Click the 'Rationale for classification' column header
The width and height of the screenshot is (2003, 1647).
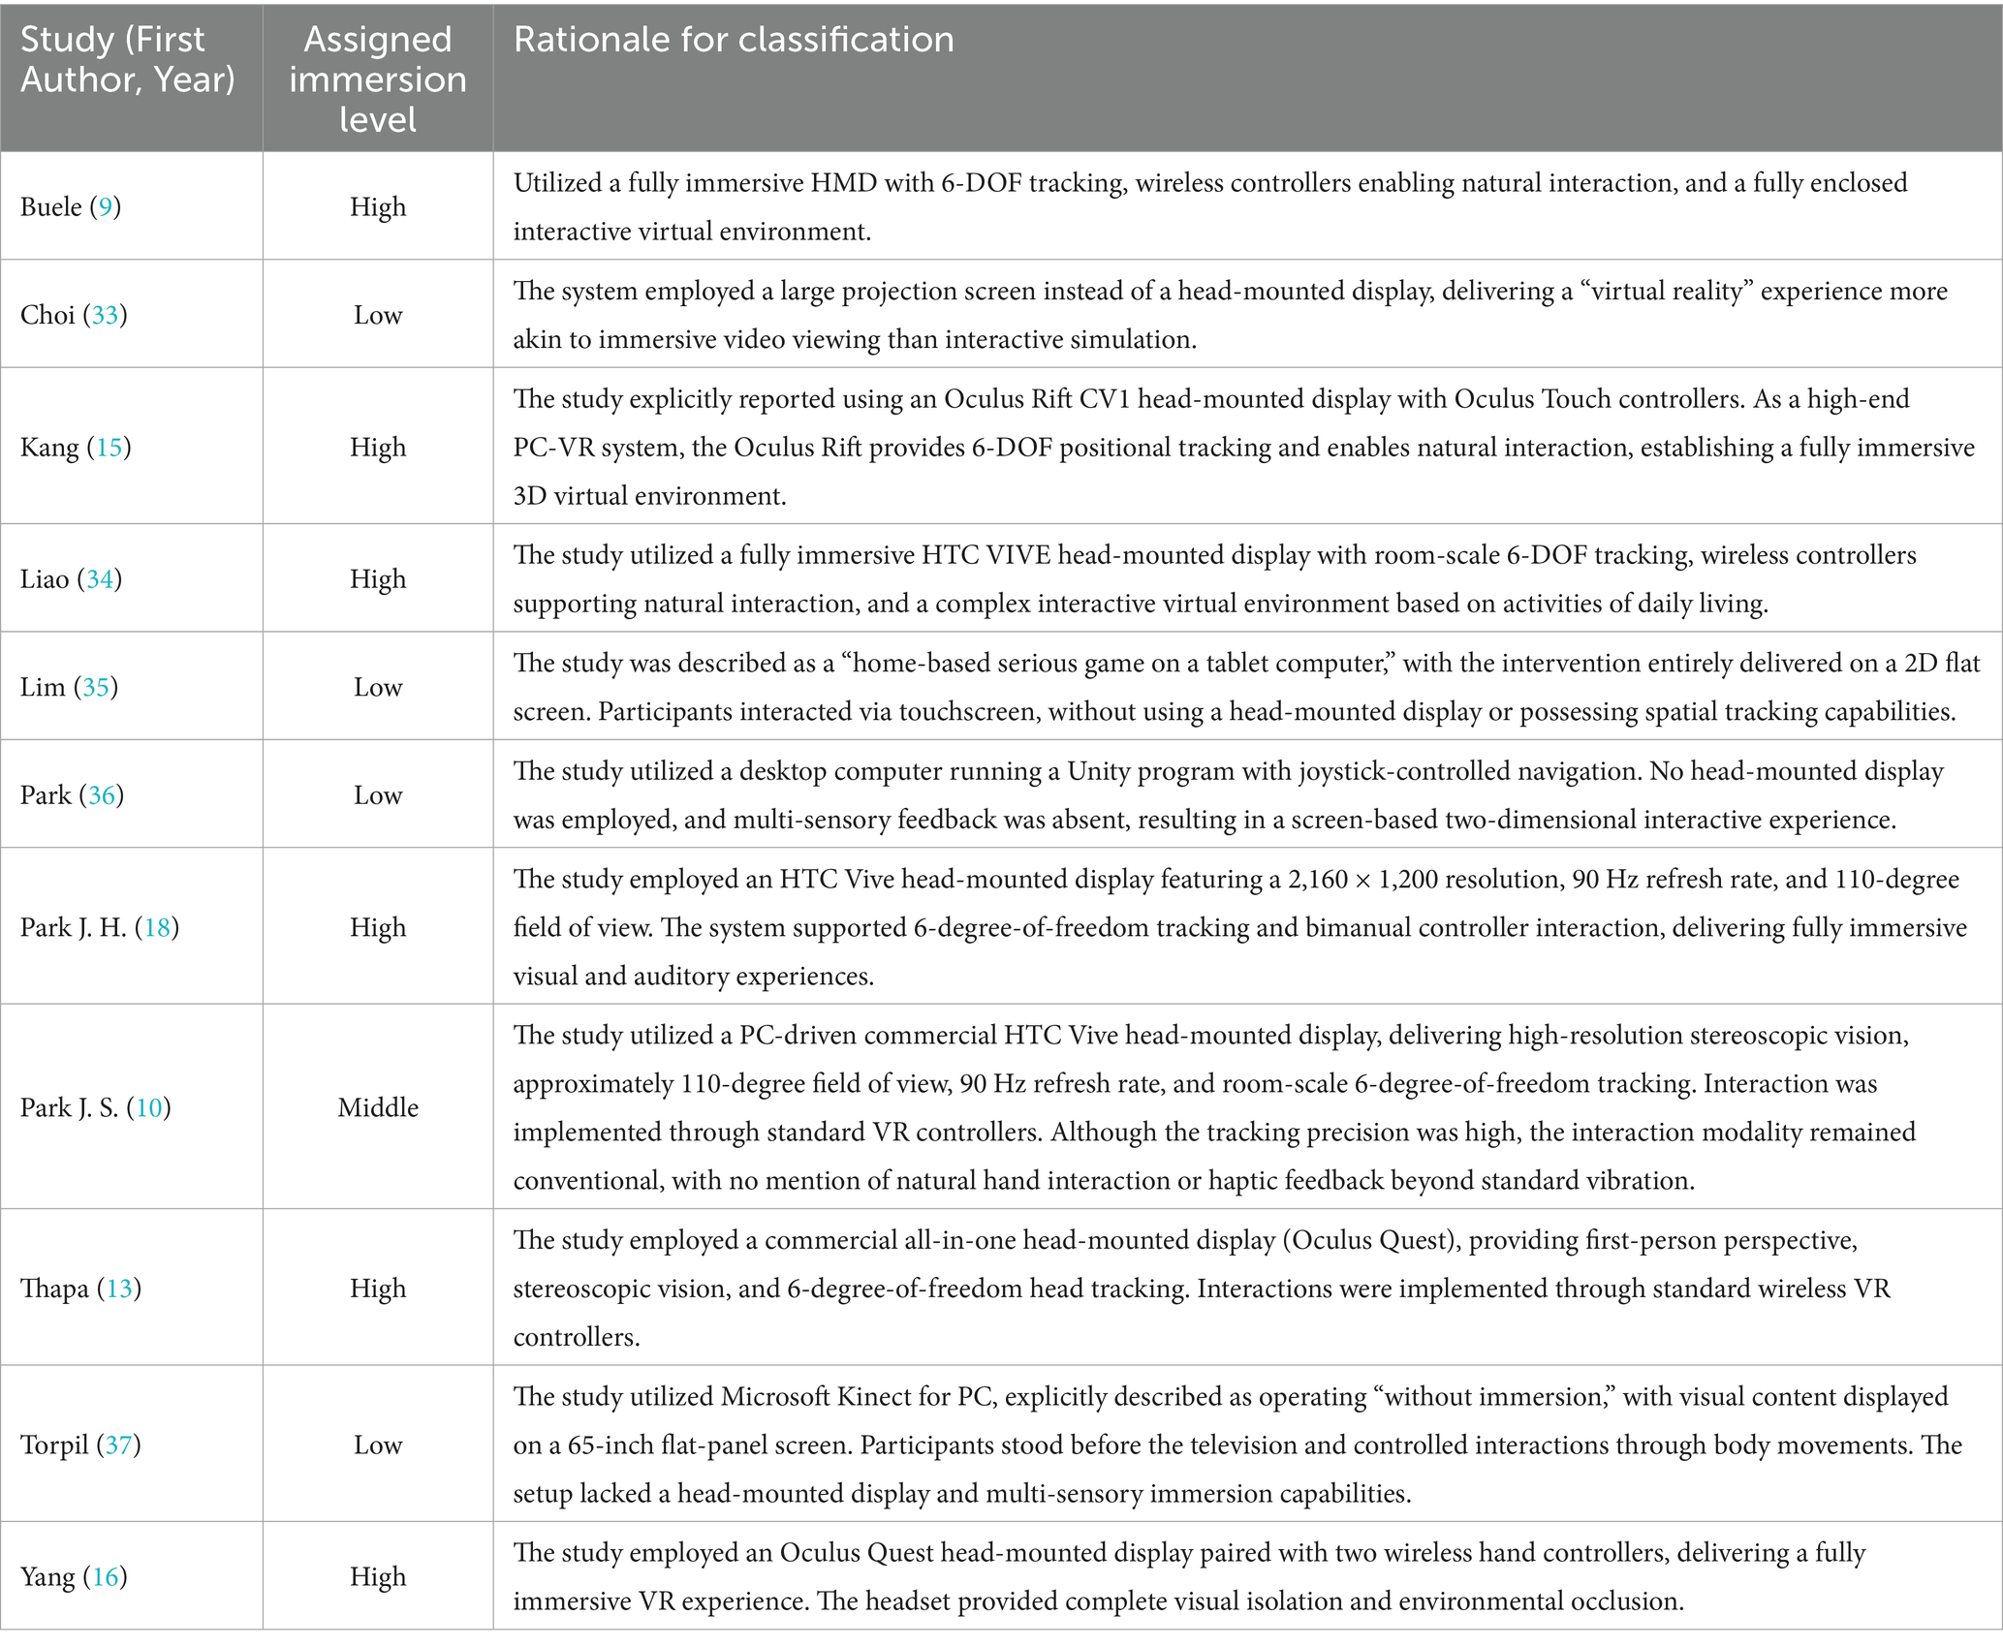coord(734,40)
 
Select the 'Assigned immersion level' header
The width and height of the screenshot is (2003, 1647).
coord(377,78)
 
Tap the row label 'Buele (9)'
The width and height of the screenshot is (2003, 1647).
coord(71,206)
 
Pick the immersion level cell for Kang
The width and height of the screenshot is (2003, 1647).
coord(377,447)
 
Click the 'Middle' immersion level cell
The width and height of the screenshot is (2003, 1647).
coord(377,1107)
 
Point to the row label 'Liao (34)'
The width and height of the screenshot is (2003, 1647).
coord(71,579)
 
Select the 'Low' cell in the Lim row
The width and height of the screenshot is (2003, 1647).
coord(377,687)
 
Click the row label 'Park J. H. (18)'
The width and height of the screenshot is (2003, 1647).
coord(100,927)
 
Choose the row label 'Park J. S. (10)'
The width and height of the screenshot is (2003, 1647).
coord(96,1107)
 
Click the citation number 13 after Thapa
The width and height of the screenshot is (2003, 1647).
coord(119,1289)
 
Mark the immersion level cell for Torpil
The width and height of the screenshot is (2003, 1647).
coord(377,1445)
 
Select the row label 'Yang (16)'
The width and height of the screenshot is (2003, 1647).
coord(74,1576)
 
